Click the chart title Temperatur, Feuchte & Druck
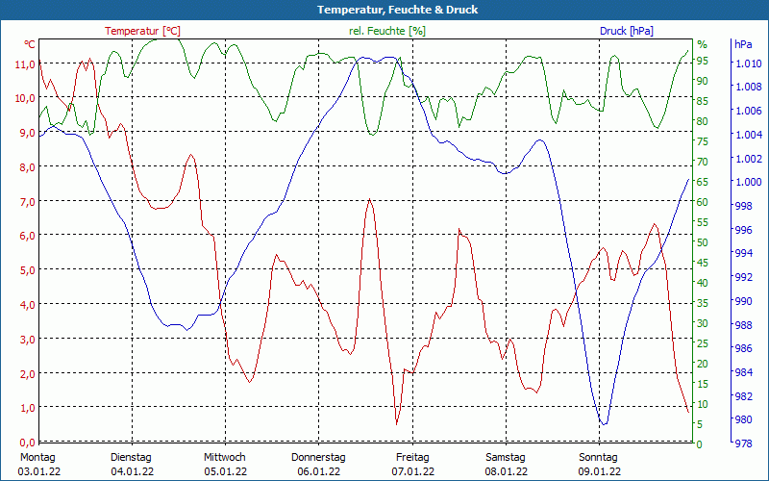click(384, 10)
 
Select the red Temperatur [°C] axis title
click(143, 31)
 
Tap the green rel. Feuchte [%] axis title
click(386, 31)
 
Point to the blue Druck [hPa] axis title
click(626, 31)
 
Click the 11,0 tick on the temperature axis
click(25, 63)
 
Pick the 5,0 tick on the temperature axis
click(25, 269)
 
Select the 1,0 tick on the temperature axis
click(25, 407)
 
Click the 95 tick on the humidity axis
click(703, 61)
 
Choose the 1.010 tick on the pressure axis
click(748, 63)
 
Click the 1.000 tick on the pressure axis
click(748, 182)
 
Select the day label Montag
click(37, 457)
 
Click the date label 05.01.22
click(225, 471)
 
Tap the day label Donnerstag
click(318, 457)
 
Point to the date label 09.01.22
click(599, 471)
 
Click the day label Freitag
click(412, 457)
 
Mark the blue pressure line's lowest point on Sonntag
click(603, 423)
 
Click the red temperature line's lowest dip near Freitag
click(396, 423)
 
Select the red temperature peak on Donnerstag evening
click(370, 199)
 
